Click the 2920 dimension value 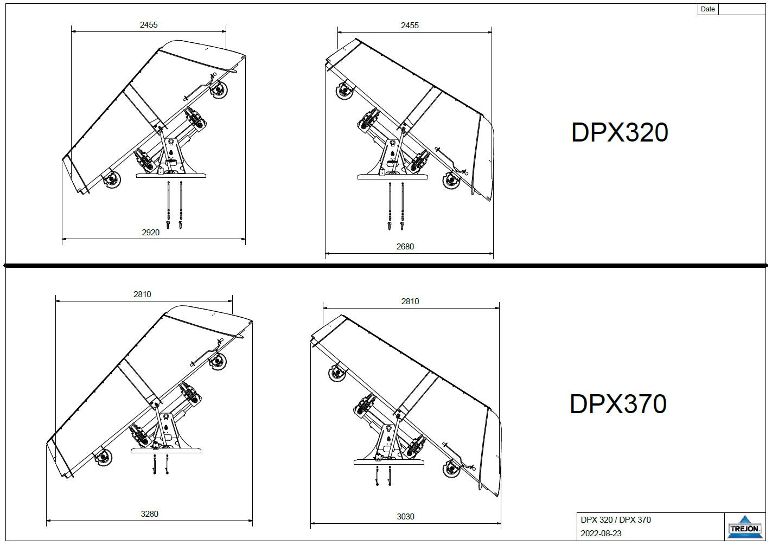(x=151, y=233)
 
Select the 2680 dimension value (x=405, y=247)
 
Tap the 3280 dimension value (x=149, y=513)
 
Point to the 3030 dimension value (x=405, y=517)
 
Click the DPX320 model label (x=619, y=133)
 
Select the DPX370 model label (x=618, y=404)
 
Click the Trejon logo (x=744, y=526)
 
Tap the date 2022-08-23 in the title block (x=601, y=534)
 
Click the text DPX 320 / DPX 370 (x=616, y=520)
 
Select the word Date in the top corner (x=708, y=9)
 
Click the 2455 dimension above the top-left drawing (x=149, y=25)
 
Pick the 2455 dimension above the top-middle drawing (x=410, y=25)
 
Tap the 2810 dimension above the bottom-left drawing (x=142, y=294)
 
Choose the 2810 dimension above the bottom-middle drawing (x=410, y=301)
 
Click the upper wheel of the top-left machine (x=220, y=90)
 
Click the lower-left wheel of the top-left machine (x=112, y=179)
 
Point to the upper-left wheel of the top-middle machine (x=343, y=91)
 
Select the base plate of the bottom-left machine (x=166, y=450)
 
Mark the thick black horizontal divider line (x=386, y=266)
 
